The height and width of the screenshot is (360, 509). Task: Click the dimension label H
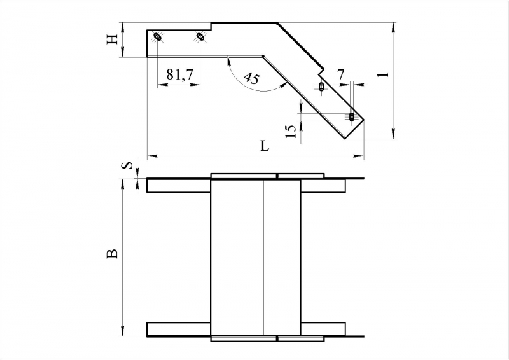click(113, 40)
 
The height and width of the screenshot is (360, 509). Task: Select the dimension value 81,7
click(179, 74)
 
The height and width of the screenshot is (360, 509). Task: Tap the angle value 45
click(252, 78)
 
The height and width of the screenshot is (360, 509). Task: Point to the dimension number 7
click(340, 74)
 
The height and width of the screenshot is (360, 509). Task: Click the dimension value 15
click(291, 132)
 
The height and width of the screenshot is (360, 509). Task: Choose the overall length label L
click(265, 146)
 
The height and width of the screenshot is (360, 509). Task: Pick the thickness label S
click(129, 165)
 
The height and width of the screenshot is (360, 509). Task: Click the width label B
click(112, 254)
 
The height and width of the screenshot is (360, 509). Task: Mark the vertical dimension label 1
click(384, 74)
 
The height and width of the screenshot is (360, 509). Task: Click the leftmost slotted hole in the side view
click(158, 37)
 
